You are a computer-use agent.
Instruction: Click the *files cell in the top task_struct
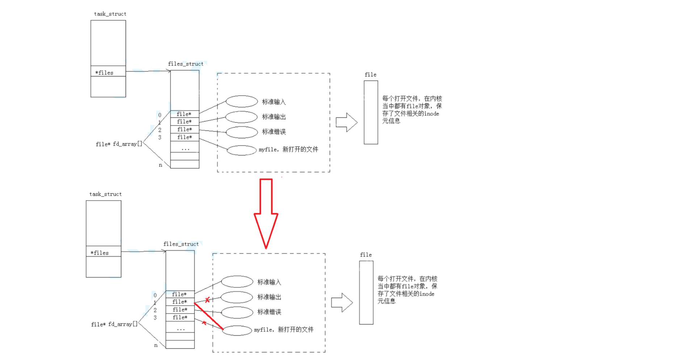tap(108, 72)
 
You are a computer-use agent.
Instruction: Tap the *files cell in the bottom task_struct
tap(103, 253)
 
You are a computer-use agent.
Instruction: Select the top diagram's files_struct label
tap(185, 64)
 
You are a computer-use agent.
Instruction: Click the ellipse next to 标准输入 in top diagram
tap(241, 101)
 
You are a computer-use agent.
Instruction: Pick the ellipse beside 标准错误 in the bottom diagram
tap(237, 312)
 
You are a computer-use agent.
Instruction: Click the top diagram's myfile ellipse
tap(241, 150)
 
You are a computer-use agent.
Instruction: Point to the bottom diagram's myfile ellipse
tap(237, 330)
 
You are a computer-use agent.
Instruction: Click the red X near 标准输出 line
tap(207, 300)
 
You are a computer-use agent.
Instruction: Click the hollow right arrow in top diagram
tap(346, 122)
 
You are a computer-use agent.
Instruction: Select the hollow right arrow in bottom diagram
tap(341, 303)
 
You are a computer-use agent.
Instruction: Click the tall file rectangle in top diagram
tap(371, 112)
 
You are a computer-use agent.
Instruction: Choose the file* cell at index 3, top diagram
tap(185, 137)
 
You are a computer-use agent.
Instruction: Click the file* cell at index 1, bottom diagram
tap(180, 302)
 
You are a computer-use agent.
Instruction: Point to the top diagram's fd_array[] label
tap(119, 144)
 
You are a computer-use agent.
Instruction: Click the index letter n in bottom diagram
tap(156, 345)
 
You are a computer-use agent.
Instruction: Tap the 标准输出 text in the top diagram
tap(274, 117)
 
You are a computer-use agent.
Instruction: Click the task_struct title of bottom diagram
tap(105, 194)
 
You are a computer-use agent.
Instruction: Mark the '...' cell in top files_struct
tap(185, 148)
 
